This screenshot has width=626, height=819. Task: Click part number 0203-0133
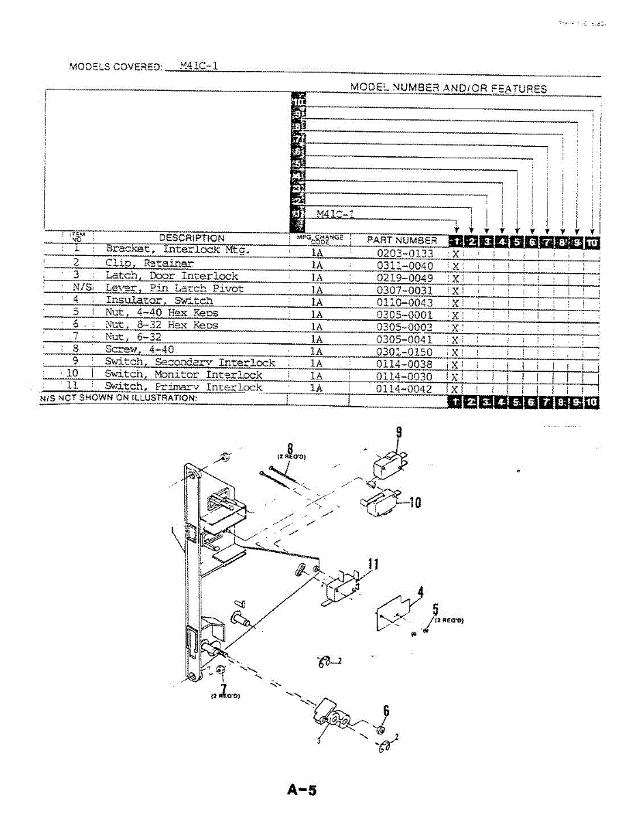click(405, 253)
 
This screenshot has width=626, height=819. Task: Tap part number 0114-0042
click(405, 388)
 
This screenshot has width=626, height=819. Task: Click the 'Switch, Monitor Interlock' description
click(183, 375)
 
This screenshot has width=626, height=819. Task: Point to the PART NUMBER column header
click(402, 240)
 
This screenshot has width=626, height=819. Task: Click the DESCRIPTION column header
click(191, 238)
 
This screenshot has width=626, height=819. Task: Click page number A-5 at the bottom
click(302, 790)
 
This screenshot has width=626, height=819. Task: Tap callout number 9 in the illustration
click(399, 432)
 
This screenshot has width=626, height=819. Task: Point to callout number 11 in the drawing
click(373, 564)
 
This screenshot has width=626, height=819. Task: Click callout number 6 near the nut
click(386, 710)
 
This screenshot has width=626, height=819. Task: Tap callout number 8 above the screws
click(290, 448)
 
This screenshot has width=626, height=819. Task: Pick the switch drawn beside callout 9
click(386, 466)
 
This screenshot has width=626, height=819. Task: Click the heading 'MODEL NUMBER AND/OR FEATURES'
click(448, 89)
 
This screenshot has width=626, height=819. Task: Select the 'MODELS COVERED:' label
click(115, 67)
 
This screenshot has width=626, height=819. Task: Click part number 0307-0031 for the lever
click(405, 290)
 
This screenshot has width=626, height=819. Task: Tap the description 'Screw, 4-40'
click(139, 350)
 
